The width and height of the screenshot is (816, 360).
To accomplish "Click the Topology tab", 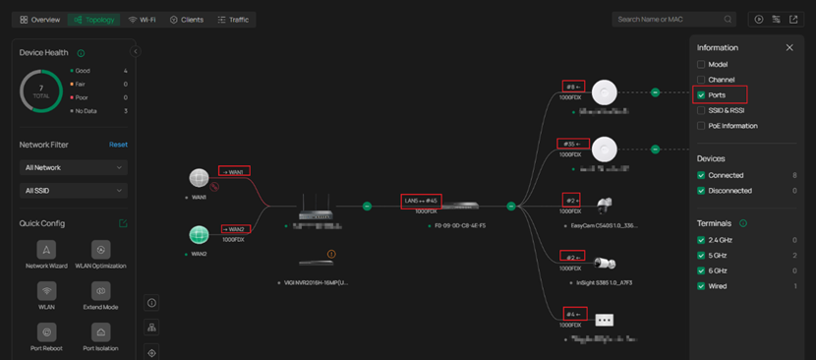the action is [x=93, y=20].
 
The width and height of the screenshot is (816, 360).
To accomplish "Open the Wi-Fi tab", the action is [x=143, y=20].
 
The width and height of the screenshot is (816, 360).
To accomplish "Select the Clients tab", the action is [x=186, y=20].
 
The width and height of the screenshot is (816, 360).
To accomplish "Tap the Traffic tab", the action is [x=233, y=20].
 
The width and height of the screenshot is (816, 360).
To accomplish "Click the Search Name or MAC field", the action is [x=669, y=20].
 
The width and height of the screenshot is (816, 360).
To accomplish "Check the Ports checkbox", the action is [x=701, y=95].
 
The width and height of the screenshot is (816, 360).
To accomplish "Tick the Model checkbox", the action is [x=701, y=65].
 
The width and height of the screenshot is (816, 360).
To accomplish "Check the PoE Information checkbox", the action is [x=701, y=126].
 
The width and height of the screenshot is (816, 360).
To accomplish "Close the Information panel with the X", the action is [x=789, y=47].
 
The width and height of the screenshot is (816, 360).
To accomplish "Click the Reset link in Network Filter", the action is [x=118, y=145].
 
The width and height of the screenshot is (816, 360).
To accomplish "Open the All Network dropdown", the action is [x=74, y=167].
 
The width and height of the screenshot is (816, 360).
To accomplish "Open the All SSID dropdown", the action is [x=74, y=190].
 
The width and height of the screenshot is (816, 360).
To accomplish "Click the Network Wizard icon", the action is [x=46, y=250].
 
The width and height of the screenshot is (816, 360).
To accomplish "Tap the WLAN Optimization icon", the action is [x=100, y=250].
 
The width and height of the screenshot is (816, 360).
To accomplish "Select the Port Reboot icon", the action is [x=46, y=332].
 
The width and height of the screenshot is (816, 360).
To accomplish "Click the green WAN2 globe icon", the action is [x=200, y=235].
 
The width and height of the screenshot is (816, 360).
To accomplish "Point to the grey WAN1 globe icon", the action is [x=200, y=178].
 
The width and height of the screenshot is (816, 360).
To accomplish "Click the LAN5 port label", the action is [x=421, y=201].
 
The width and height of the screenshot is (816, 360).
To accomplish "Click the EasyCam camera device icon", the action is [x=605, y=206].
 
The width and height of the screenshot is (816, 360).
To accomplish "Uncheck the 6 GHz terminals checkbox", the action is [x=701, y=270].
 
